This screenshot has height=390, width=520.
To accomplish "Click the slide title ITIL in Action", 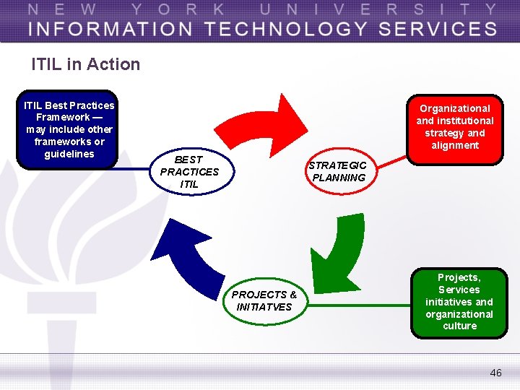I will coord(85,64).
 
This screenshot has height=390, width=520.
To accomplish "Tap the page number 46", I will coord(495,373).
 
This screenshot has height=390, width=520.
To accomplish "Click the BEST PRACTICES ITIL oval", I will coord(189,172).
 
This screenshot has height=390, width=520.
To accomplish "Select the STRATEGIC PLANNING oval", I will coord(338,172).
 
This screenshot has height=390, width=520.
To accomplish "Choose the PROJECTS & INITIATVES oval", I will coord(264,300).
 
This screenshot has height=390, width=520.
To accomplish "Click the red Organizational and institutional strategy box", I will coord(454,127).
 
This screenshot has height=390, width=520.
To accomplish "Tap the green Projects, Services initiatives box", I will coord(459,302).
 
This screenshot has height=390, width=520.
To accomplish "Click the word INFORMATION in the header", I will coord(110,29).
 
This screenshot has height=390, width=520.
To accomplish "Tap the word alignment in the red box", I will coord(455,145).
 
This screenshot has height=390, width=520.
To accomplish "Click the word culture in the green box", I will coord(460,326).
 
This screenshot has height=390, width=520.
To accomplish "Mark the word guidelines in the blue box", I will coord(69,154).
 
